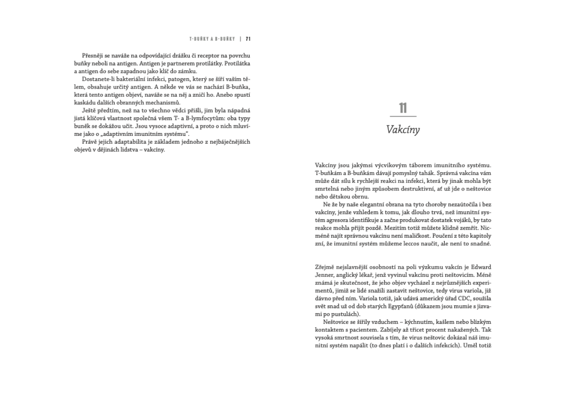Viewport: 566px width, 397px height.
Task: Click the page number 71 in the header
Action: pos(248,39)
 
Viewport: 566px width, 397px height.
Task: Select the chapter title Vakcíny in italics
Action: pos(403,130)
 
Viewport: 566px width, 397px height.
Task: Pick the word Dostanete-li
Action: pos(99,79)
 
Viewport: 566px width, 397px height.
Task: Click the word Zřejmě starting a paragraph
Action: pos(325,267)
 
